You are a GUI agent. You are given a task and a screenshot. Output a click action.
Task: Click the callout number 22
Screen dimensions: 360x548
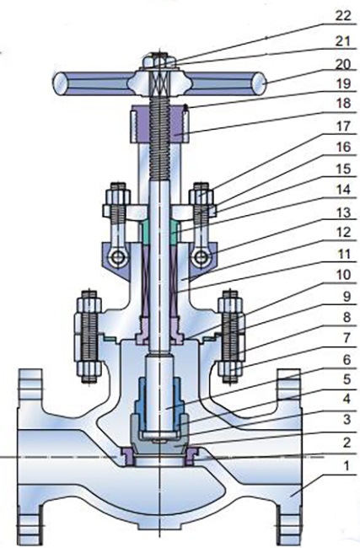342,16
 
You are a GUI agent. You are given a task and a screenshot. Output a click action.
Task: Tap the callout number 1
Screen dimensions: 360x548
346,465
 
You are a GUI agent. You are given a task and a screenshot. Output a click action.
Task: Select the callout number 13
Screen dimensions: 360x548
342,212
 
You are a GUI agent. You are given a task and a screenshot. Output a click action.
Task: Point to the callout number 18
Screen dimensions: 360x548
342,104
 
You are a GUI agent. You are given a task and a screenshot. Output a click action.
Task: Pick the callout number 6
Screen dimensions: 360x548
346,360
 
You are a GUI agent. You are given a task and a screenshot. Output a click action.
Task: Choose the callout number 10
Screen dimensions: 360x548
342,275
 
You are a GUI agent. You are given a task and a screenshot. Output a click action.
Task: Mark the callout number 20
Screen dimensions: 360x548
342,64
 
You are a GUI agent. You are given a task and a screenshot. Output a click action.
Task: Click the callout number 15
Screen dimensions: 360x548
342,169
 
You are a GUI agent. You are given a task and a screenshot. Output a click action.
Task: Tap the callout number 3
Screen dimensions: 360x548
346,419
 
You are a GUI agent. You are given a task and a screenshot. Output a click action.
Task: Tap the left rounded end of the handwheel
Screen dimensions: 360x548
60,83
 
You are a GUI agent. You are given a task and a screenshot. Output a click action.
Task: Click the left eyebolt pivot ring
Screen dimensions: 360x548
116,258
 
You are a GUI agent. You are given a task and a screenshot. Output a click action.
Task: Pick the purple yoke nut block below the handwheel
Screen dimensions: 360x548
159,125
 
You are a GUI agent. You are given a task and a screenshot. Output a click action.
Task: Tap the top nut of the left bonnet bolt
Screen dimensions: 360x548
89,301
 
